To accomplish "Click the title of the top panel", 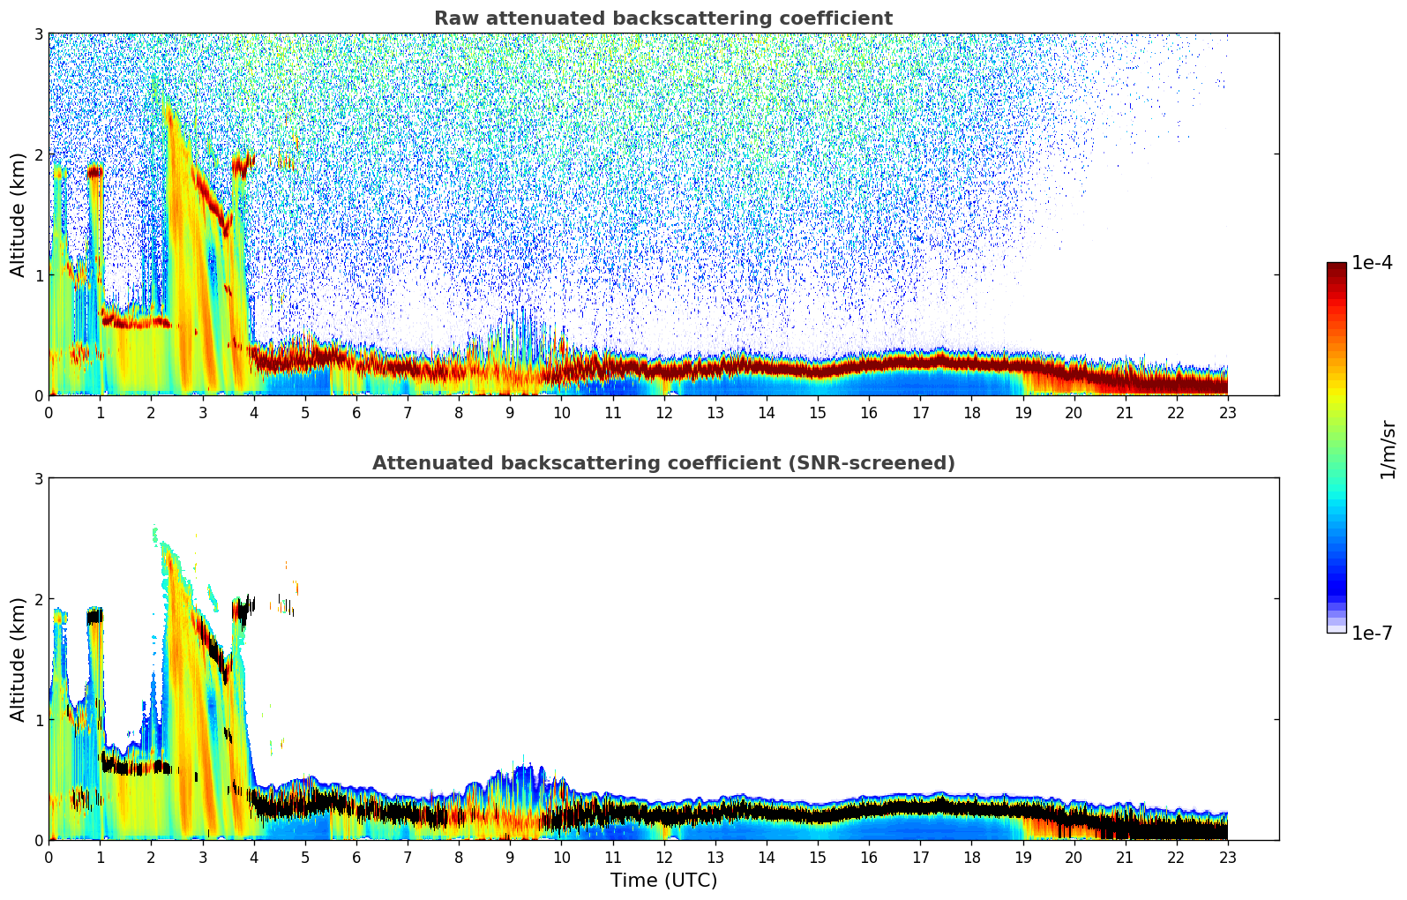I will [662, 19].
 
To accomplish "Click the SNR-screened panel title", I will [662, 463].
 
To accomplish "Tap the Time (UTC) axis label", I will [663, 880].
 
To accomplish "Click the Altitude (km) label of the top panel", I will [19, 214].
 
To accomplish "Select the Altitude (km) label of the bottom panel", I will [19, 659].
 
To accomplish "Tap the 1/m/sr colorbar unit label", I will [1388, 449].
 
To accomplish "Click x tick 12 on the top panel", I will [663, 412].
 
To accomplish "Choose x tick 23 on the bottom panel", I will [1228, 857].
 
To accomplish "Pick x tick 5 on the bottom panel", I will [305, 857].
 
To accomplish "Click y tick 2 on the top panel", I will [38, 154].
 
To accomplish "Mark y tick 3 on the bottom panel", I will [38, 478].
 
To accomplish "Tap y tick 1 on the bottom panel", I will [38, 720].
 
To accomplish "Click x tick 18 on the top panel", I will [971, 412].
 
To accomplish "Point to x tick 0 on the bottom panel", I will [49, 857].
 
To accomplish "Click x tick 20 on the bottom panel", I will [1074, 857].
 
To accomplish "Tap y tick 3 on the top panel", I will [38, 34].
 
